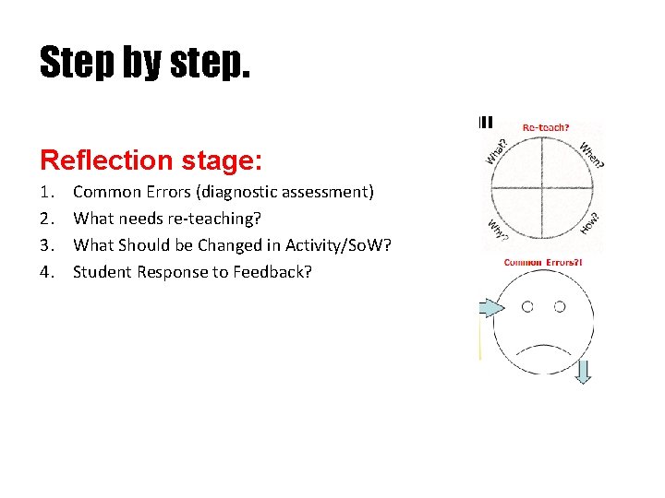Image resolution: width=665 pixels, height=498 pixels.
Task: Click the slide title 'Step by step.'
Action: tap(144, 63)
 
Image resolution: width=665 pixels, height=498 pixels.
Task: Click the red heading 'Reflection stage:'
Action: tap(151, 160)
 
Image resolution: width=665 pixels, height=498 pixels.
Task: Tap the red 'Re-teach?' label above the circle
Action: tap(546, 127)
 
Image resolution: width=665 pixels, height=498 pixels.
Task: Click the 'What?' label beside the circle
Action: tap(496, 150)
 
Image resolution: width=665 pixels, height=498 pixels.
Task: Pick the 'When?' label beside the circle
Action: tap(592, 153)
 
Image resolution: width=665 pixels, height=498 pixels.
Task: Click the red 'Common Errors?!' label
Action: tap(543, 264)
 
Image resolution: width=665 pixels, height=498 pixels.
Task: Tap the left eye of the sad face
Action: tap(527, 306)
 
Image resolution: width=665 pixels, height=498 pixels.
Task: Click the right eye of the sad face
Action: tap(559, 306)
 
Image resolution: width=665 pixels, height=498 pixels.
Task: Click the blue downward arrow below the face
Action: tap(583, 371)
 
